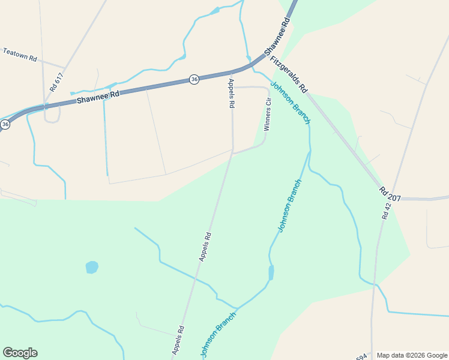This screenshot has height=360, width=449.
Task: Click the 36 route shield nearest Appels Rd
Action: click(x=194, y=79)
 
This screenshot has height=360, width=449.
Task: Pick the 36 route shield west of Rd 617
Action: click(x=5, y=124)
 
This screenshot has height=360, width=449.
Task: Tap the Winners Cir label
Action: click(x=268, y=115)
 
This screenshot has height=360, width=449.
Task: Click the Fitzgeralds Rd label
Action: click(x=289, y=74)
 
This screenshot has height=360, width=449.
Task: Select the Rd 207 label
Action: click(x=390, y=193)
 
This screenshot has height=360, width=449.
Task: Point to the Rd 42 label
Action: click(x=387, y=211)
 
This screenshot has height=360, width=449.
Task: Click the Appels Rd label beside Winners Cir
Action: click(x=231, y=93)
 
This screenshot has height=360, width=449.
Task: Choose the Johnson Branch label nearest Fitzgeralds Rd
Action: click(x=291, y=103)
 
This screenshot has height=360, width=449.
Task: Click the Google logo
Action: click(x=20, y=353)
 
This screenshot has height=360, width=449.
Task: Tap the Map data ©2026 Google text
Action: click(x=412, y=355)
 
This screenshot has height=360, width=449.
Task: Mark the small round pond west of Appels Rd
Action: click(x=92, y=267)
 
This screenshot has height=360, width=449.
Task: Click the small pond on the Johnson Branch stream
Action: click(x=271, y=273)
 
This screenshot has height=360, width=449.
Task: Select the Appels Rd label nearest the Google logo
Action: click(x=177, y=340)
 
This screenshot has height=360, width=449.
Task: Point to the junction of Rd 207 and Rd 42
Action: click(x=394, y=198)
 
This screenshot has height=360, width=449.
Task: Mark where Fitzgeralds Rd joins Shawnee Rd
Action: click(x=264, y=58)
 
